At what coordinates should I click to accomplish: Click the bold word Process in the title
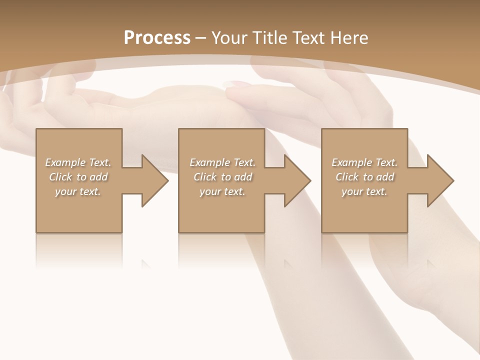[x=157, y=38]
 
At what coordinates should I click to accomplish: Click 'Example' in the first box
[x=65, y=162]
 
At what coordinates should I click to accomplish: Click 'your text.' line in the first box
[x=78, y=191]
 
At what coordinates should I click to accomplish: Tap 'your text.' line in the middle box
[x=222, y=191]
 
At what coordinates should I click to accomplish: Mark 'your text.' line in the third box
[x=364, y=191]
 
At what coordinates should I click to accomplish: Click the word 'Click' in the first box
[x=60, y=177]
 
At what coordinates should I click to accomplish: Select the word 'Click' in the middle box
[x=205, y=177]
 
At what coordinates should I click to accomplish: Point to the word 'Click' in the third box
[x=347, y=177]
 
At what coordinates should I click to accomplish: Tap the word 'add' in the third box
[x=385, y=177]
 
